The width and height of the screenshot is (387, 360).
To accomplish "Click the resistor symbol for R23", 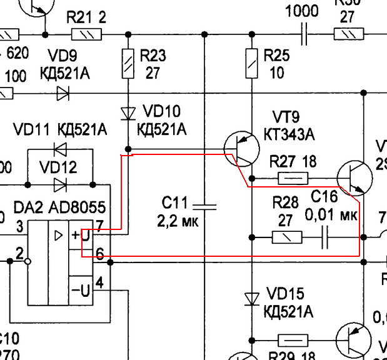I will pyautogui.click(x=128, y=63).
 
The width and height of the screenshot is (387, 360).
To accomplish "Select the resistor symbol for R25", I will pyautogui.click(x=251, y=63).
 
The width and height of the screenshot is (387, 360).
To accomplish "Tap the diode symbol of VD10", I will pyautogui.click(x=128, y=113).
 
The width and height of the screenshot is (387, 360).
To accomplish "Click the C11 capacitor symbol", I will pyautogui.click(x=204, y=204).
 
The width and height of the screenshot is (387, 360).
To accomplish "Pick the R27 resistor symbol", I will pyautogui.click(x=292, y=179).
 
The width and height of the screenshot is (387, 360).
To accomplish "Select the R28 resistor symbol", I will pyautogui.click(x=288, y=237).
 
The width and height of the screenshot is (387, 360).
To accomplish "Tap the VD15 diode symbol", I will pyautogui.click(x=251, y=299).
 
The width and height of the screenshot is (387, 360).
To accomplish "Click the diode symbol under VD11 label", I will pyautogui.click(x=61, y=149).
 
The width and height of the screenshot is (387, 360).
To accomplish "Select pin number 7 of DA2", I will pyautogui.click(x=99, y=224).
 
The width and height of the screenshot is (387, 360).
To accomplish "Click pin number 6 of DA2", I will pyautogui.click(x=99, y=252).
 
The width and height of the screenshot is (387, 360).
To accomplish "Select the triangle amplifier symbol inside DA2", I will pyautogui.click(x=58, y=236).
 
